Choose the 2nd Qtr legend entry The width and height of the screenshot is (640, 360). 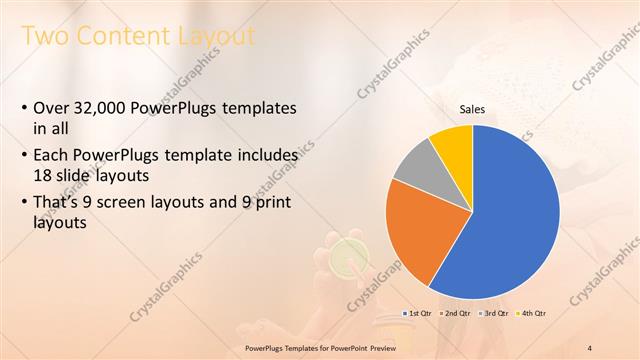pyautogui.click(x=456, y=314)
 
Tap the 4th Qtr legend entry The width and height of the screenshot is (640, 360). pyautogui.click(x=533, y=314)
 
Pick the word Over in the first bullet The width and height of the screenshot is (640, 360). pyautogui.click(x=51, y=108)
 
